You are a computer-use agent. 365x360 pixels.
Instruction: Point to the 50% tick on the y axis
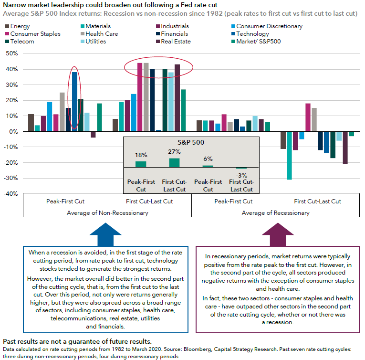[x=11, y=53]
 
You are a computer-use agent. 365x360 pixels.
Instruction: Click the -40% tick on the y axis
[x=10, y=194]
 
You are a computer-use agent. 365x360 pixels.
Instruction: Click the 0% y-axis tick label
[x=13, y=131]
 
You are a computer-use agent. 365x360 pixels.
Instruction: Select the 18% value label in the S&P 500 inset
[x=140, y=155]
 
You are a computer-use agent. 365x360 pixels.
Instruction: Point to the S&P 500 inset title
[x=191, y=142]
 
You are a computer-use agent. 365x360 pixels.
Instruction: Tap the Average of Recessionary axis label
[x=275, y=213]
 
